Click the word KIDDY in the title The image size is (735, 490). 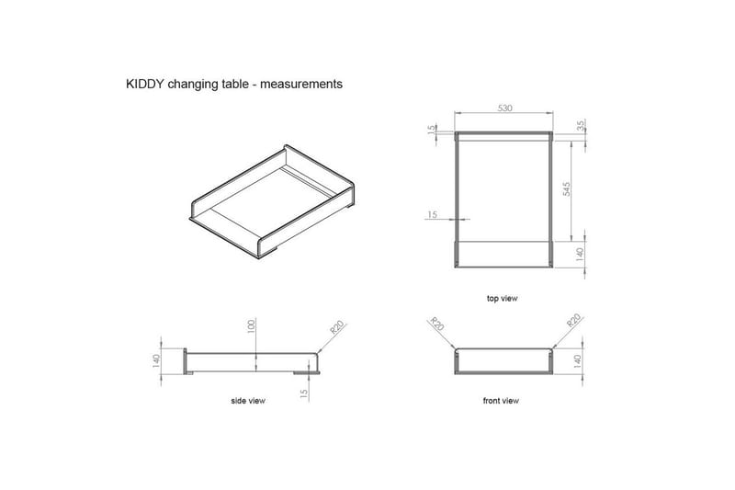(x=143, y=84)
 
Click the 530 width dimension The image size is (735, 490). (x=504, y=108)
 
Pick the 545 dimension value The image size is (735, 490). (x=567, y=188)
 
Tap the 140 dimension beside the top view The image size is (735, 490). (x=580, y=253)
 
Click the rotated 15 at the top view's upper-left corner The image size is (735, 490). (x=431, y=130)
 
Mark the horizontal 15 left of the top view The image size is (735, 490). (x=433, y=215)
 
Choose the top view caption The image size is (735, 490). (x=503, y=299)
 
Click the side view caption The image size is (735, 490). (x=248, y=402)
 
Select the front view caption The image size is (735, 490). (x=501, y=401)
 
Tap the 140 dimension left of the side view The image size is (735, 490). (x=157, y=360)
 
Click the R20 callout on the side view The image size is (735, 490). (x=335, y=331)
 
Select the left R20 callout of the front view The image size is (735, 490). (x=436, y=325)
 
